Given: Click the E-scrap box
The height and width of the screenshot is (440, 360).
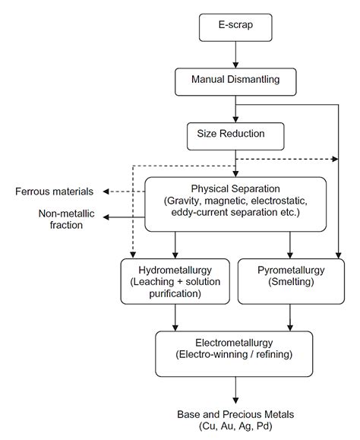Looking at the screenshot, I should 235,28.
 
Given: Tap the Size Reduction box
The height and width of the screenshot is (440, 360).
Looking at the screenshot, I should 235,135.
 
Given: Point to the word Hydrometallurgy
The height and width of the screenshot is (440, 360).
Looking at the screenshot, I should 175,270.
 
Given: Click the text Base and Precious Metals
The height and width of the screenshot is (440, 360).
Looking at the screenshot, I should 235,414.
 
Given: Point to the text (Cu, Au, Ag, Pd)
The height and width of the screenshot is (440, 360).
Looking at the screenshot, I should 235,427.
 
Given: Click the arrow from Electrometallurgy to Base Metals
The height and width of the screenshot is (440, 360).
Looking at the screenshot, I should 235,388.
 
